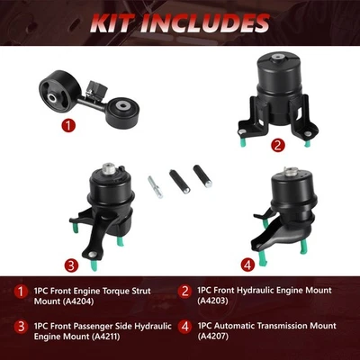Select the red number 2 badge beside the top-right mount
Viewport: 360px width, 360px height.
[253, 143]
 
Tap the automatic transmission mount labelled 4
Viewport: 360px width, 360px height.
[296, 203]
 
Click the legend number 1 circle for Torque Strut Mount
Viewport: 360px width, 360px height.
[21, 291]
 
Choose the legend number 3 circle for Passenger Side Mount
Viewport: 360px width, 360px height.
[21, 327]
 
